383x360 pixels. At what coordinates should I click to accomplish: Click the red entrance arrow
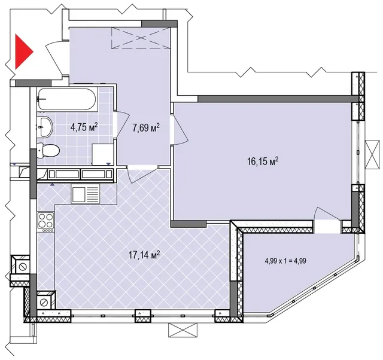point(23,51)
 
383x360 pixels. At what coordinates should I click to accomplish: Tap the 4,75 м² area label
point(84,127)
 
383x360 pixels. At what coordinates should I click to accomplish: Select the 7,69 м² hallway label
point(146,127)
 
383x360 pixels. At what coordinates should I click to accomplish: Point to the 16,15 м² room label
point(263,161)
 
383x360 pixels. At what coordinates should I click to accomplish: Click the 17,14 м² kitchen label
point(144,255)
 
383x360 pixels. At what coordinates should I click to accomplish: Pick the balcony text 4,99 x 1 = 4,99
point(285,261)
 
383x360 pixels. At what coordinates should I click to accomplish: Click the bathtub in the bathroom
point(67,99)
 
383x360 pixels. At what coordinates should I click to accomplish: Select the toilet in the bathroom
point(48,150)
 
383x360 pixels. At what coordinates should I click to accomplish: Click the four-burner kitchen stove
point(46,222)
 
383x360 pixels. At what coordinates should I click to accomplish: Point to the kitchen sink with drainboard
point(86,194)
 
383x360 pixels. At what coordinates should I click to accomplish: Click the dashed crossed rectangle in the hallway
point(141,38)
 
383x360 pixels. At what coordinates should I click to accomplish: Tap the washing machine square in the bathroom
point(102,154)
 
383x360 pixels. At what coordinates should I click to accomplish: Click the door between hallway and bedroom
point(180,124)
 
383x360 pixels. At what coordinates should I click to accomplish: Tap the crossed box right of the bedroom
point(372,154)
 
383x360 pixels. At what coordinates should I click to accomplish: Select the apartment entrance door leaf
point(54,60)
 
